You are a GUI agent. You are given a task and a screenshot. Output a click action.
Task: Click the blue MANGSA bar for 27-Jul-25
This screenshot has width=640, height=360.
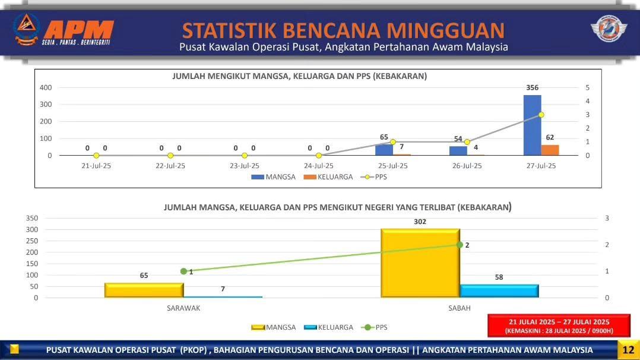(x=532, y=125)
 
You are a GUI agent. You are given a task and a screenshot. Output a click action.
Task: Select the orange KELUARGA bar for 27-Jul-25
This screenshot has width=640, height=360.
(x=550, y=150)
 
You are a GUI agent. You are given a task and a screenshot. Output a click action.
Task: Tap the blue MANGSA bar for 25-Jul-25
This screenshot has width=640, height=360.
(x=384, y=150)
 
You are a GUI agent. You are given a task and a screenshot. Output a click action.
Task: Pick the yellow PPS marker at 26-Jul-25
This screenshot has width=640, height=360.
(x=467, y=142)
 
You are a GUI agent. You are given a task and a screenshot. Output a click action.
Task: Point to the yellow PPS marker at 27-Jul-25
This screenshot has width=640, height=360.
(x=541, y=115)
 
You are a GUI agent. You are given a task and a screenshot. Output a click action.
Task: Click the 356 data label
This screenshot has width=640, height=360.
(x=532, y=87)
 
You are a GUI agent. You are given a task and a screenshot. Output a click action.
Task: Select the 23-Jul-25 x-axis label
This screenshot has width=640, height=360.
(x=245, y=166)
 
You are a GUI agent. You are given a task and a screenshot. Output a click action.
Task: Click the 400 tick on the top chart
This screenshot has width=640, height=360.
(x=46, y=87)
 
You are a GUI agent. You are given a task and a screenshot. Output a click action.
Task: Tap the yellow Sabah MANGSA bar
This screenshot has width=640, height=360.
(x=420, y=263)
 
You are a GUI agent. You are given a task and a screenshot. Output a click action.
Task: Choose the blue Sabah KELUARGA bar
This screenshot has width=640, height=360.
(x=499, y=291)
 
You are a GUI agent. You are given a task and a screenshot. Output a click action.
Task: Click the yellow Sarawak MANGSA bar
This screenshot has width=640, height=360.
(x=144, y=290)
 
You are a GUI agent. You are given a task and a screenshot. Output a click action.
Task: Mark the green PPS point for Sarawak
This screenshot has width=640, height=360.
(x=183, y=271)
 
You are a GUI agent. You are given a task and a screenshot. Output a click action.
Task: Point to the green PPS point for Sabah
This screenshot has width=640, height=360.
(x=460, y=245)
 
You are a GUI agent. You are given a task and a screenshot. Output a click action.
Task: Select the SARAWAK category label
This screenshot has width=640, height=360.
(x=183, y=308)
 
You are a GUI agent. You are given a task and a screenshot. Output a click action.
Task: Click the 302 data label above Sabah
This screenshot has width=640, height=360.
(x=420, y=222)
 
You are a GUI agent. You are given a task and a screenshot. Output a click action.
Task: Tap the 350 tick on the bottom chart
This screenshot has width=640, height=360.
(x=32, y=218)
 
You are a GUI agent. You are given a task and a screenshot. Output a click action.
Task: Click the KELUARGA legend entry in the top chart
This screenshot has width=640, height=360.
(x=328, y=177)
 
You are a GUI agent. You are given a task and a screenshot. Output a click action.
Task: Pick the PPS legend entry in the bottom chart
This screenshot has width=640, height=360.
(x=374, y=327)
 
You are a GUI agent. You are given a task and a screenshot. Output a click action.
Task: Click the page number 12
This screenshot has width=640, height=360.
(x=629, y=350)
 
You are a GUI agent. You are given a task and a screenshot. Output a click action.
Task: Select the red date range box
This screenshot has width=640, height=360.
(x=559, y=326)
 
